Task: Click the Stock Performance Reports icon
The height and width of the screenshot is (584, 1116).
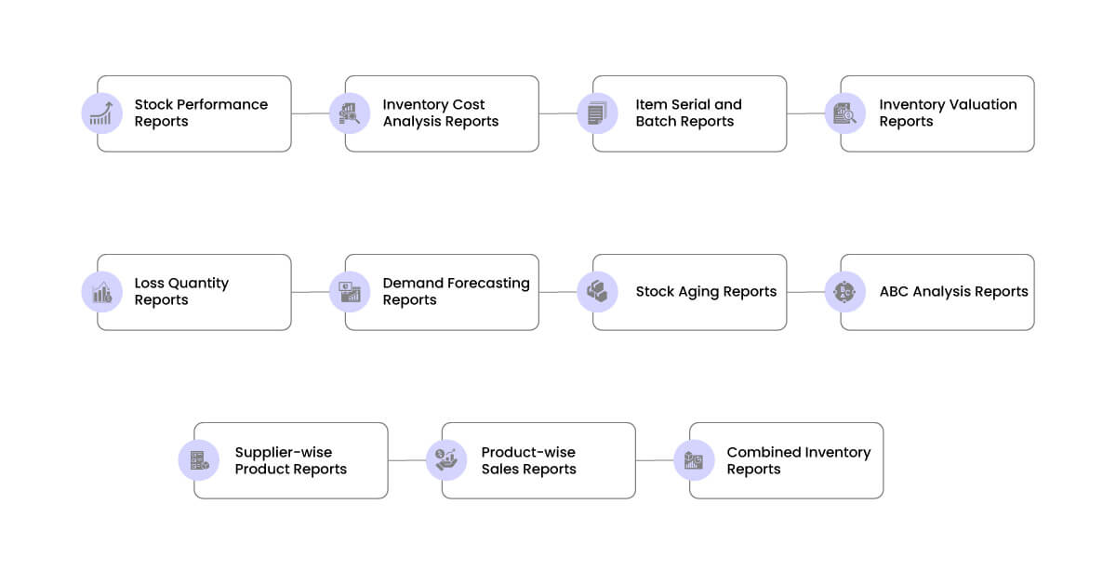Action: pyautogui.click(x=101, y=113)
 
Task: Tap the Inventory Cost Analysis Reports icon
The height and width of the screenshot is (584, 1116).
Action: pyautogui.click(x=349, y=113)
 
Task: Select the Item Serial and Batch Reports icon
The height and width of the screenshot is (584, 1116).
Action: pyautogui.click(x=596, y=113)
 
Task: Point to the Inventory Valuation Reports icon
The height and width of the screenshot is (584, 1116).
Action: pyautogui.click(x=844, y=113)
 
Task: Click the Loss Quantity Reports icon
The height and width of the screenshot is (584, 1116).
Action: pyautogui.click(x=101, y=292)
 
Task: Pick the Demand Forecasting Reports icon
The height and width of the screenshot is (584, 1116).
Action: pyautogui.click(x=349, y=292)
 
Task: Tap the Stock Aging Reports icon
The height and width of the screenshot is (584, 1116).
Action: pyautogui.click(x=596, y=292)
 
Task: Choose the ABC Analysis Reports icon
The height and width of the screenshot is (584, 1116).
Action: pyautogui.click(x=844, y=292)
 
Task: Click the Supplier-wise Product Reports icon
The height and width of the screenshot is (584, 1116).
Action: pyautogui.click(x=198, y=460)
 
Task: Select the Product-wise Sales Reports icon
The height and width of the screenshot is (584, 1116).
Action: pyautogui.click(x=445, y=460)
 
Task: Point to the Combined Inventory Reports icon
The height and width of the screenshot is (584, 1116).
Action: pyautogui.click(x=694, y=460)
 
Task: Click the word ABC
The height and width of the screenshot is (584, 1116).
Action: pyautogui.click(x=894, y=292)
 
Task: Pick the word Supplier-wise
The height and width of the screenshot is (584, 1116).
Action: pyautogui.click(x=283, y=453)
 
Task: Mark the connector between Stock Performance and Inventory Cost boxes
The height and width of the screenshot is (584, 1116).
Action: pyautogui.click(x=311, y=113)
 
